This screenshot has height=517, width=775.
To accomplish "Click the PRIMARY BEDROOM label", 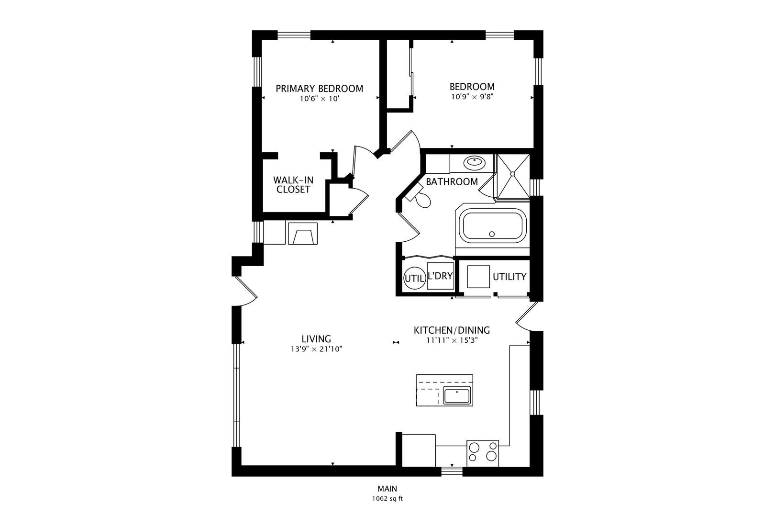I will click(x=319, y=89).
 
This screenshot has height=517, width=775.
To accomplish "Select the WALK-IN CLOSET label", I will click(x=293, y=185).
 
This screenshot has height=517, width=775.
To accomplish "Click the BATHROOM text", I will click(x=452, y=182).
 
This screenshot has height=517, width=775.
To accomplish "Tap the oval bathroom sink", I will click(x=474, y=163).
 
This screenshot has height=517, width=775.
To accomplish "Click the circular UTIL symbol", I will click(x=414, y=278).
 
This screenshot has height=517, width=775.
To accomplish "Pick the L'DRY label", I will click(x=440, y=276).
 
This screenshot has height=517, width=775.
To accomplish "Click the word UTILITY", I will click(x=509, y=277).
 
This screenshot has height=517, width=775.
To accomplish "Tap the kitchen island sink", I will click(x=457, y=396).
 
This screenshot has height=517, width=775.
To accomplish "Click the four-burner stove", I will click(x=482, y=452).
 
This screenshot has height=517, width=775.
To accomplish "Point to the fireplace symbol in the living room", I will click(x=302, y=234).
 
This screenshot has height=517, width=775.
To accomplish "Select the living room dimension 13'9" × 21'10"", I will click(x=316, y=349).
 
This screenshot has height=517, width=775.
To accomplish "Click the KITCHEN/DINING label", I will click(x=451, y=330).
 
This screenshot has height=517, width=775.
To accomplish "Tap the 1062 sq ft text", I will click(x=387, y=498).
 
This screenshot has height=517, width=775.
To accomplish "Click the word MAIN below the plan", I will click(x=387, y=489).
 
